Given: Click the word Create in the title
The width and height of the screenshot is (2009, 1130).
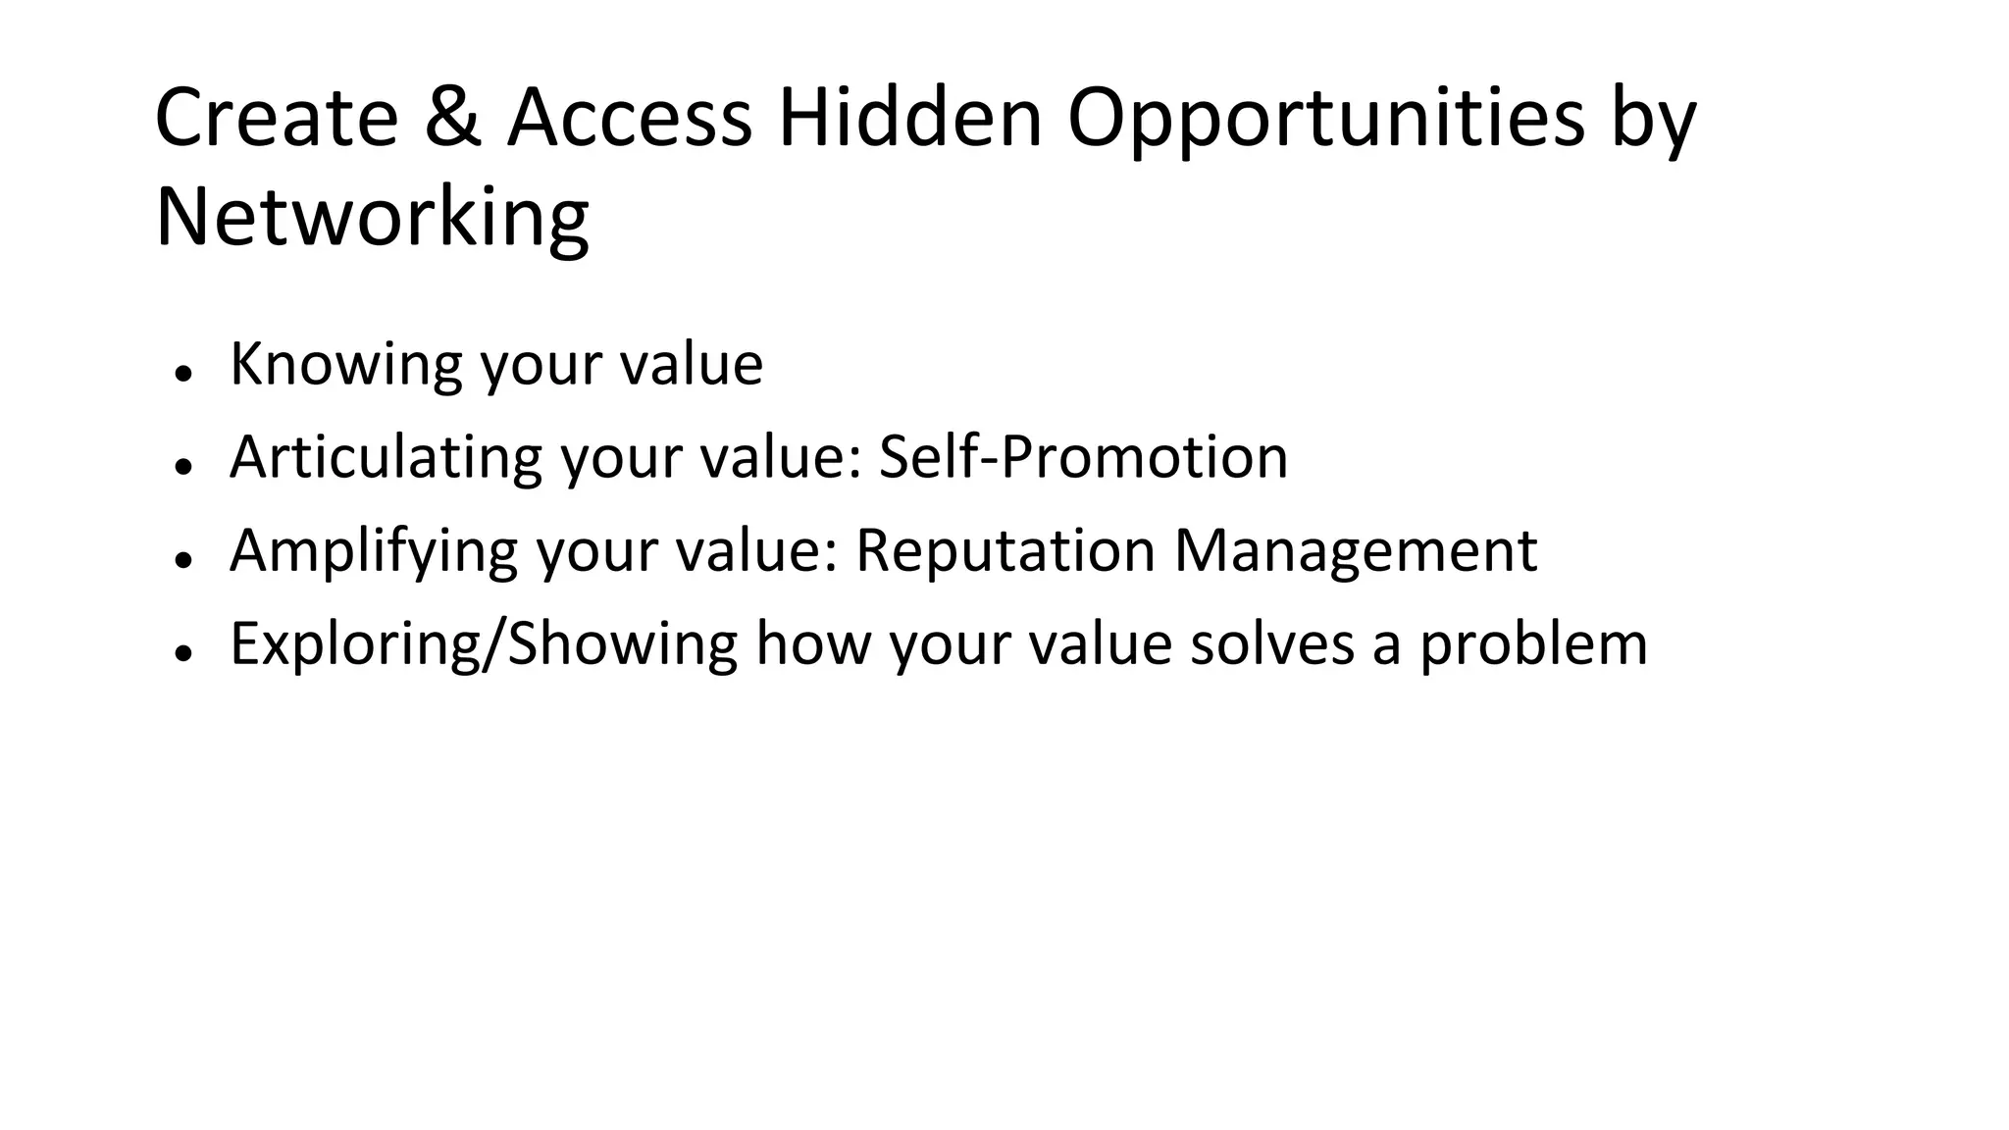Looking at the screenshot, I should point(277,118).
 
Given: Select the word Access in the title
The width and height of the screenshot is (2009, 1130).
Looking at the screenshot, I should point(629,118).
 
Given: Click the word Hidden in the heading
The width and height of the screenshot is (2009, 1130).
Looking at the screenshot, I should point(909,118).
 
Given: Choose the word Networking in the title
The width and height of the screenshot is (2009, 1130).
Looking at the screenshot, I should point(372,218).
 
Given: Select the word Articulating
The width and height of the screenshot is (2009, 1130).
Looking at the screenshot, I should point(386,457).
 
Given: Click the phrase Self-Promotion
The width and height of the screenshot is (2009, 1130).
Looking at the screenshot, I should point(1083,457).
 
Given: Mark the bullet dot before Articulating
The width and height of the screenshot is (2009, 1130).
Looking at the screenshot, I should point(181,467).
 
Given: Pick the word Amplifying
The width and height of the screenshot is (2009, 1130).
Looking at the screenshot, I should point(373,551).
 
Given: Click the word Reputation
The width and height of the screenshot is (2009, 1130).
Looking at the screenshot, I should point(1005,551).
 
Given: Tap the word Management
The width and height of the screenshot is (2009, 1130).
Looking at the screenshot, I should point(1356,551).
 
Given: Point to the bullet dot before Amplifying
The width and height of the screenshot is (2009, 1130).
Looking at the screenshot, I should point(181,560).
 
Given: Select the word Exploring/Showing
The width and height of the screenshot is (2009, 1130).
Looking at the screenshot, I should point(483,644).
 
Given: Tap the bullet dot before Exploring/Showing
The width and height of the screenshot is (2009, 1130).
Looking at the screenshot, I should point(181,653).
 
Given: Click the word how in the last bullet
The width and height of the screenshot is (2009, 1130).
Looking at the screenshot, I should point(813,644).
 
